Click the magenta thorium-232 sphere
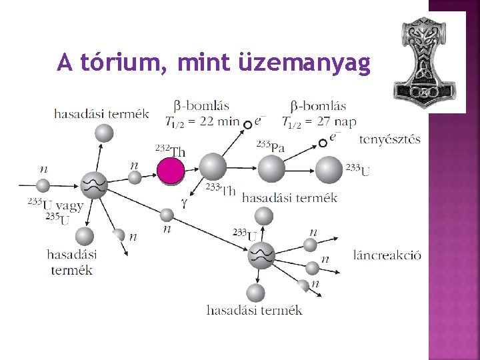click(171, 171)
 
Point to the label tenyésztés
click(390, 139)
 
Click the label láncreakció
click(388, 256)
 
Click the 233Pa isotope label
click(270, 147)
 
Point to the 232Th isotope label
click(171, 151)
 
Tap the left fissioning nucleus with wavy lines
click(94, 185)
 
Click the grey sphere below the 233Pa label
click(271, 169)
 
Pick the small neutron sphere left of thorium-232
click(135, 177)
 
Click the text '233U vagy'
click(55, 205)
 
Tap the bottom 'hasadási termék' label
click(254, 310)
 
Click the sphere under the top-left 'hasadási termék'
click(103, 134)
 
